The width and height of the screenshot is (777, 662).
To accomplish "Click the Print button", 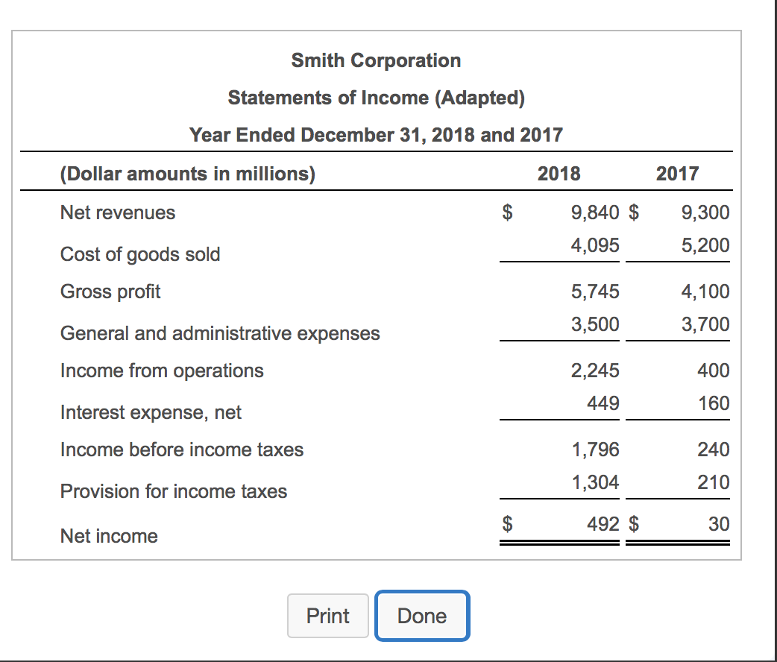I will point(327,616).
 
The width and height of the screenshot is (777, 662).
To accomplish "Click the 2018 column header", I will point(559,174).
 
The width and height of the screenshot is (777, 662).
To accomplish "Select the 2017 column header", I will point(677,174).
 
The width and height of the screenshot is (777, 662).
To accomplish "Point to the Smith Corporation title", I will point(376,60).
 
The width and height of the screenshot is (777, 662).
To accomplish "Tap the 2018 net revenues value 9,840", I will point(595,212).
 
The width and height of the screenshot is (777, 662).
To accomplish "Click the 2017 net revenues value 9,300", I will point(705,212).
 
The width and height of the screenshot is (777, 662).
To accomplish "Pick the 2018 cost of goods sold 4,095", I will point(595,245).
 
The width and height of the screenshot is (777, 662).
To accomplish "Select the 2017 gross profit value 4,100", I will point(705,291).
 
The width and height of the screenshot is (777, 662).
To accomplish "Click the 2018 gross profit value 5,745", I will point(595,291).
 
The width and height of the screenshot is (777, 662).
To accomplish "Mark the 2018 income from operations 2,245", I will point(595,371).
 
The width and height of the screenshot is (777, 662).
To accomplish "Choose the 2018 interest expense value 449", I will point(603,403).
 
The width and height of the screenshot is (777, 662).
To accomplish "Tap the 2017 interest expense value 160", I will point(714,403).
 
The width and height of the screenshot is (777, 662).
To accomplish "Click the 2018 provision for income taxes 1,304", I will point(595,482).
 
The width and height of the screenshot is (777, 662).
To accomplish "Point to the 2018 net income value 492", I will point(603,524).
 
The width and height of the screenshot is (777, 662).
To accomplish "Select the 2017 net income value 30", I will point(719,524).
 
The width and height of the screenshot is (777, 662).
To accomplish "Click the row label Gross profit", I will point(110,291).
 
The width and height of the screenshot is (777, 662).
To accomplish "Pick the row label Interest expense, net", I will point(151,412).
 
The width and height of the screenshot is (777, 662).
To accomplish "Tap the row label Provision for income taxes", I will point(174,491).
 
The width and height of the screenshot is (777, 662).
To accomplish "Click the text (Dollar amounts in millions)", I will point(187,174).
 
